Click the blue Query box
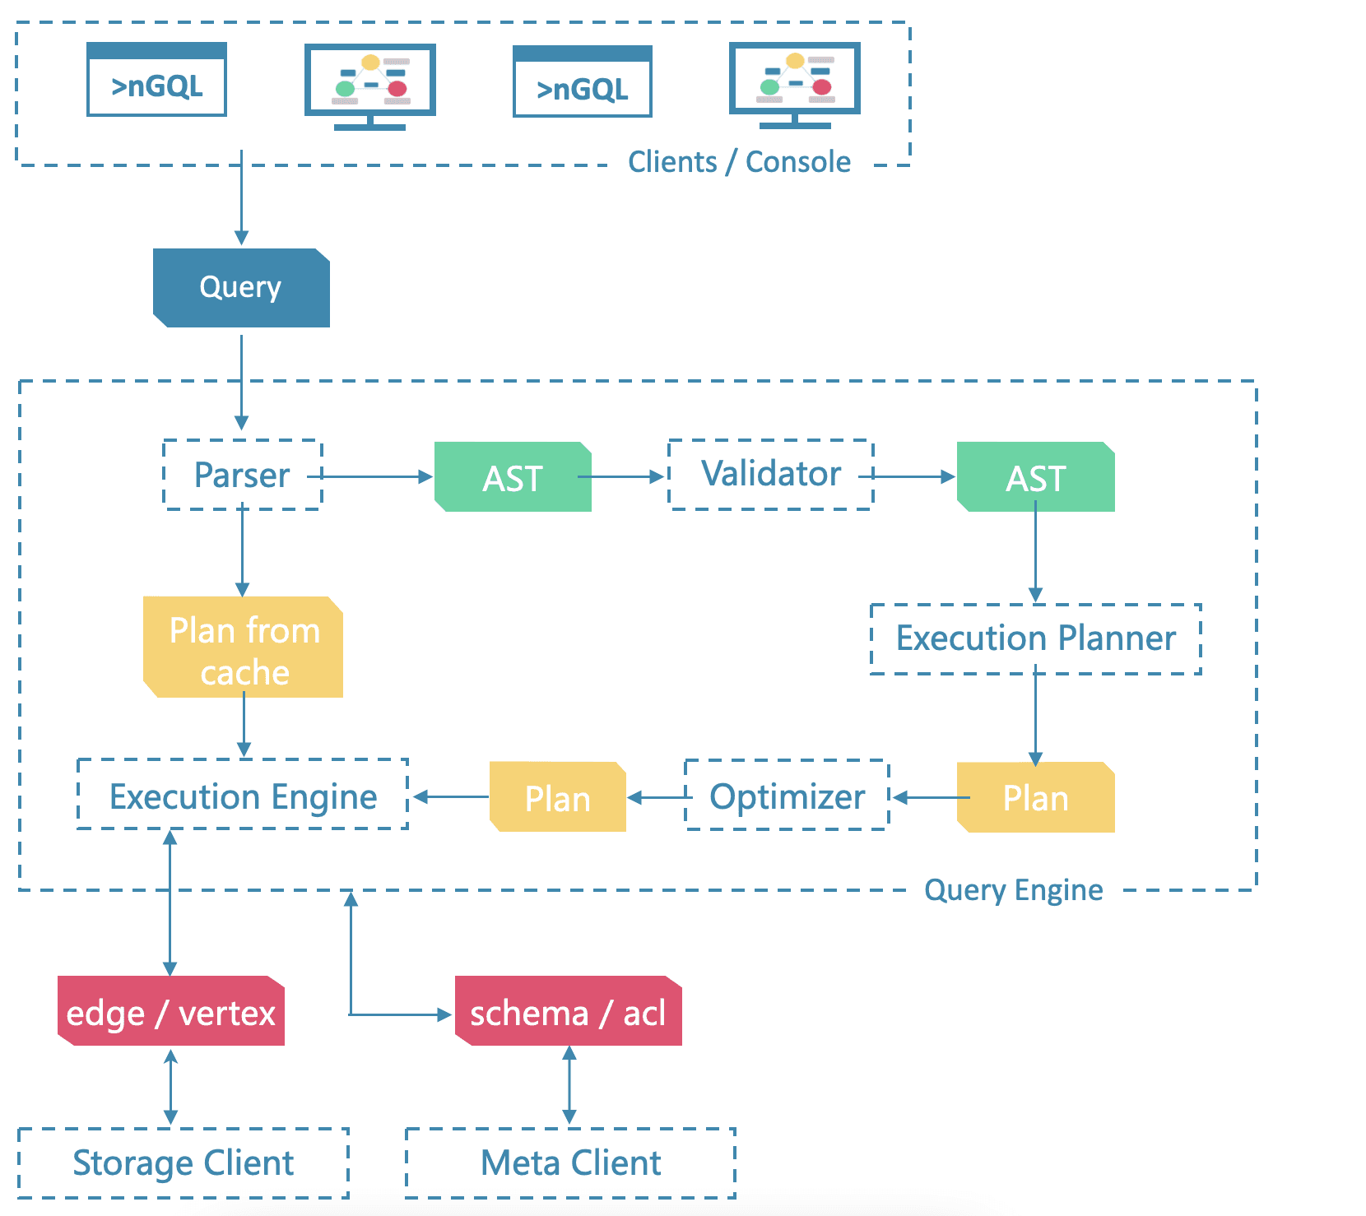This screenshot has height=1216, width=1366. coord(241,287)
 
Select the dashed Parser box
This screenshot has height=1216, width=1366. coord(242,475)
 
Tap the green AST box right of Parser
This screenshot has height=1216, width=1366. coord(513,477)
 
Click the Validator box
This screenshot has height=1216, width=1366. coord(770,475)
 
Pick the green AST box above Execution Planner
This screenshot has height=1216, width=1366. coord(1035,477)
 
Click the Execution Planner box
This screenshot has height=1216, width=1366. coord(1035,638)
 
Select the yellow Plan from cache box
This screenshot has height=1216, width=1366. coord(244,648)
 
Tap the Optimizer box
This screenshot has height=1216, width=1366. coord(787,796)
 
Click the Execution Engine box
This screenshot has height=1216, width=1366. coord(243,796)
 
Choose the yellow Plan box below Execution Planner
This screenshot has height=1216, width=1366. coord(1035,797)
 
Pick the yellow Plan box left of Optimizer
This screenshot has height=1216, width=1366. coord(558,797)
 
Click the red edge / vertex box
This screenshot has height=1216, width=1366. coord(171,1012)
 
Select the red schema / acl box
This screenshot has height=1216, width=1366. coord(568,1012)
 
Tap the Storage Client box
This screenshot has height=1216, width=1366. coord(183,1163)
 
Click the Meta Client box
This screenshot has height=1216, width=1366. coord(570,1163)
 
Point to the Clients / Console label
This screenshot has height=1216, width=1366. coord(739,162)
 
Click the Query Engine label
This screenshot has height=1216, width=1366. coord(1013,890)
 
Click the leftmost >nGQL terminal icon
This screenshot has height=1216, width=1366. coord(156,80)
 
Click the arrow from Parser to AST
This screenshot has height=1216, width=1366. coord(374,476)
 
